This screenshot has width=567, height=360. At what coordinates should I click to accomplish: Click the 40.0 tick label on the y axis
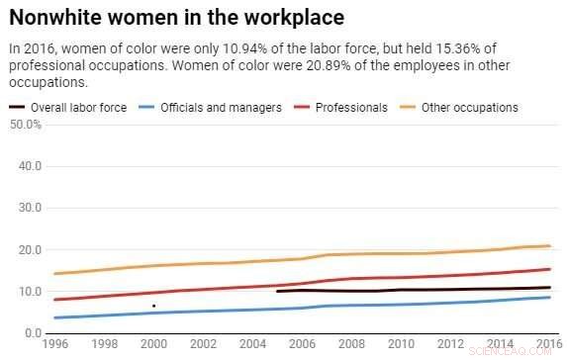[x=28, y=166]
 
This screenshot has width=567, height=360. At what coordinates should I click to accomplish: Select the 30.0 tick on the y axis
[x=28, y=208]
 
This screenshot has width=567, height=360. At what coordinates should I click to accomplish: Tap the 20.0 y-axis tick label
[x=28, y=250]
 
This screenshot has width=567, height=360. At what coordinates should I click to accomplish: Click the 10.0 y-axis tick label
[x=28, y=292]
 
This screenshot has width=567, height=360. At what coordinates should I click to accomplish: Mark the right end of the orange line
[x=549, y=245]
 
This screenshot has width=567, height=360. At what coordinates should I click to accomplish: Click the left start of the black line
[x=277, y=291]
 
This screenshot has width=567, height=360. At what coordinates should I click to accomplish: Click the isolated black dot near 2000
[x=153, y=306]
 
